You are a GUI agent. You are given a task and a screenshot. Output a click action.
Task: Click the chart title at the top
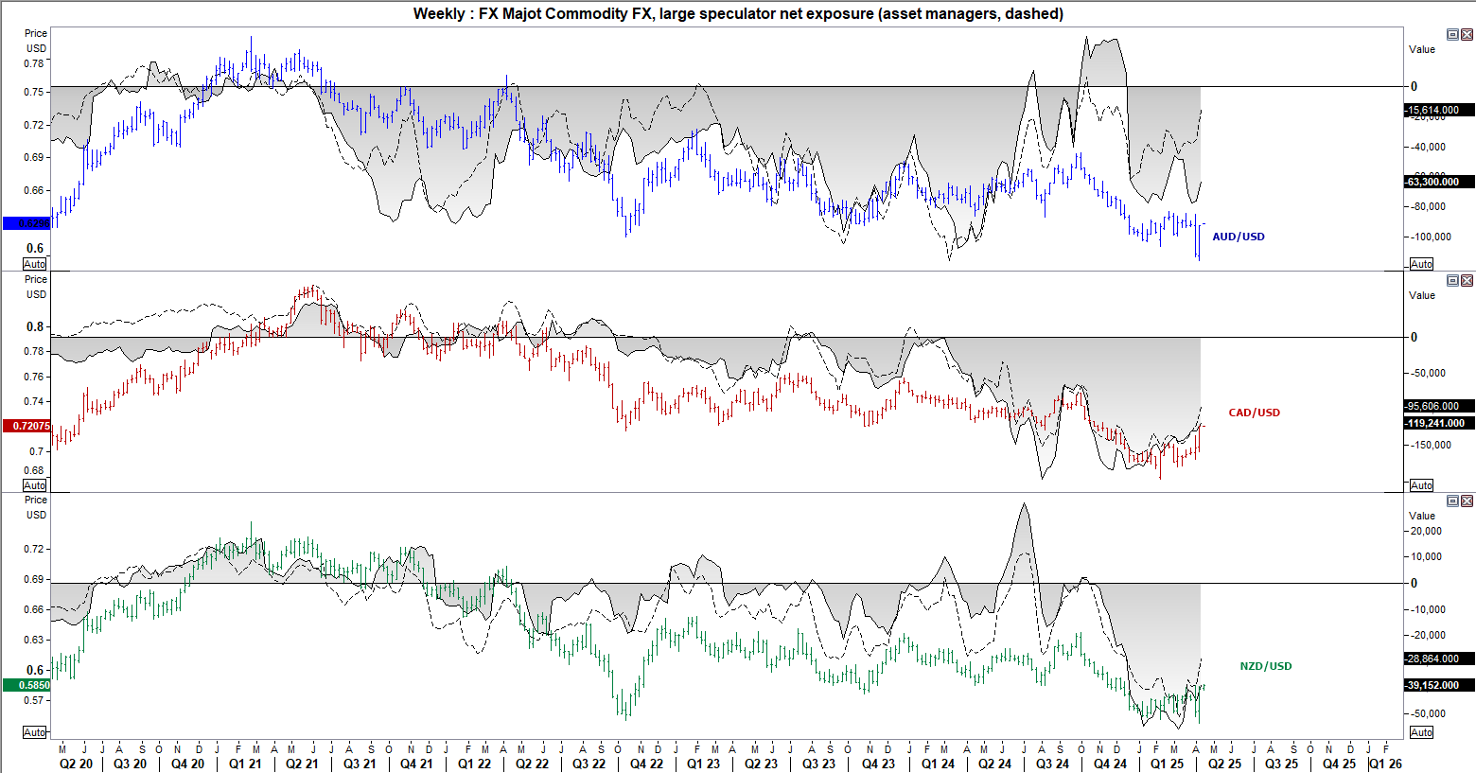click(738, 13)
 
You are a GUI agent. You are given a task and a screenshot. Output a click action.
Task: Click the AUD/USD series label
click(1239, 237)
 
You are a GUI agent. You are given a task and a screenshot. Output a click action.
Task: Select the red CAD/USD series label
click(1254, 413)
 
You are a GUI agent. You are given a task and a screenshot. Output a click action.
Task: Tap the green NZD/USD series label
click(1265, 666)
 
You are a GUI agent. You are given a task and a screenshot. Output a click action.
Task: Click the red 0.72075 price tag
click(26, 426)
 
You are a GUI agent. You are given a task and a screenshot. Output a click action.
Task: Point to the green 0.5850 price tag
click(26, 685)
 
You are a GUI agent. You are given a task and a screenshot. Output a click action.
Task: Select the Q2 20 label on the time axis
click(76, 764)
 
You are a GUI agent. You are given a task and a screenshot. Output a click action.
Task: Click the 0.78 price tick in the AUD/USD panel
click(34, 63)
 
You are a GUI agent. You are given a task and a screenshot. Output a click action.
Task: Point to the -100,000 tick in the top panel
click(1428, 237)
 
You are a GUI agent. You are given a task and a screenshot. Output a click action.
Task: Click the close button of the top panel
click(1467, 35)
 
